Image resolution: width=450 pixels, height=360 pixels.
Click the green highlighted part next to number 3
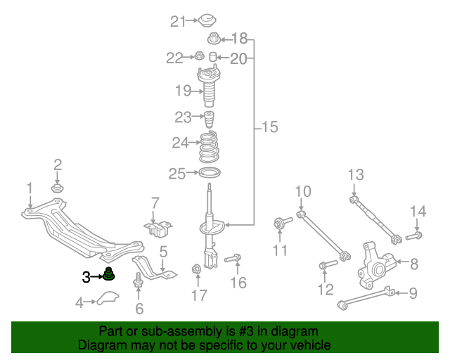(110, 274)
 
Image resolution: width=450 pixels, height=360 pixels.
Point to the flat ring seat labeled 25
(209, 173)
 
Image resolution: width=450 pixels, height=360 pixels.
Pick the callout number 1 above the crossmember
(30, 188)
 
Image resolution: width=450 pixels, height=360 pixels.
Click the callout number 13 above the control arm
(355, 174)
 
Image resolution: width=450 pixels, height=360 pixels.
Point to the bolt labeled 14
(413, 236)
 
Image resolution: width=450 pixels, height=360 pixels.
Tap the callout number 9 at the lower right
(413, 293)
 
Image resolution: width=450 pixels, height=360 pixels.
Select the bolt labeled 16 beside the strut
(233, 259)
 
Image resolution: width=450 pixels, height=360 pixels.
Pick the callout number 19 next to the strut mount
(183, 90)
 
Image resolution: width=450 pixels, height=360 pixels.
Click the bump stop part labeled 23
(209, 117)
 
